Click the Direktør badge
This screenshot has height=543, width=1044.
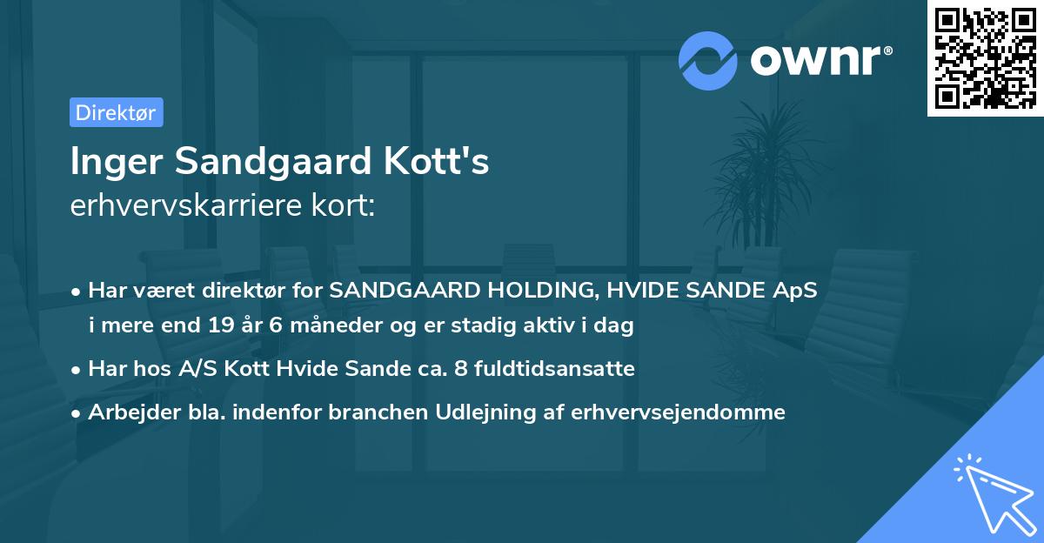(116, 112)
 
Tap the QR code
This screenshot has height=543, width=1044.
(985, 57)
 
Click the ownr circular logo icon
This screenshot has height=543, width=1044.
(708, 60)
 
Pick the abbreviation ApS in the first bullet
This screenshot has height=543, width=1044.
(795, 290)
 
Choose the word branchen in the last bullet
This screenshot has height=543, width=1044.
(367, 412)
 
